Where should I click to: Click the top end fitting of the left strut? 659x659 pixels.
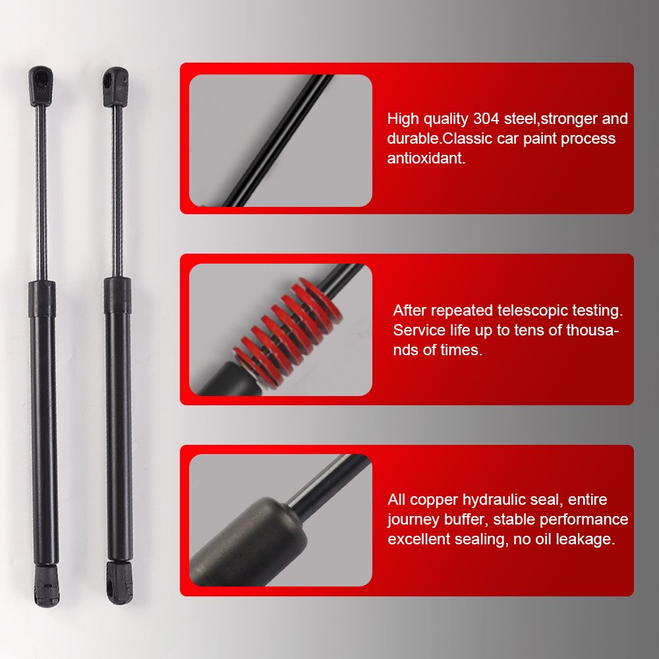41,86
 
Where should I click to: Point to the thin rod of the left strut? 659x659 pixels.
42,191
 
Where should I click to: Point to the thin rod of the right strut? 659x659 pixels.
117,191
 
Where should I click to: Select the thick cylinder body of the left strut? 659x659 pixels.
43,422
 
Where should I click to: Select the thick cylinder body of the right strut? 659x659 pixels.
119,422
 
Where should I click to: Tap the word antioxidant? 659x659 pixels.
426,159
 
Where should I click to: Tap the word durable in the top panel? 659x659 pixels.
412,139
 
